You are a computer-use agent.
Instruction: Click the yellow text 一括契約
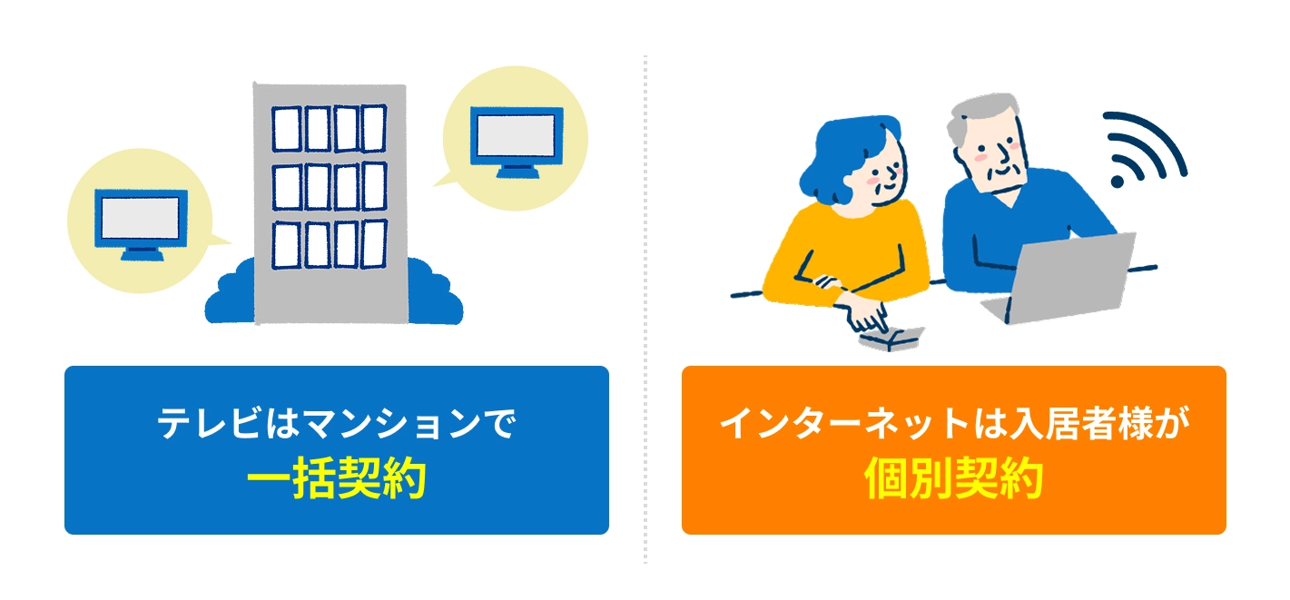337,478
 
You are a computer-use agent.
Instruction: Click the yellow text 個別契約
954,478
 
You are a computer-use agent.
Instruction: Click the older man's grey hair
979,115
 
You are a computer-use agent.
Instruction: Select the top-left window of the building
286,129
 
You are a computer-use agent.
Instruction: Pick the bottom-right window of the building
373,244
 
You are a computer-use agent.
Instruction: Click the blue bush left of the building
231,294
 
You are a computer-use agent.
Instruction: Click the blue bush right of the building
435,294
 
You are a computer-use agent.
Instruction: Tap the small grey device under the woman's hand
890,339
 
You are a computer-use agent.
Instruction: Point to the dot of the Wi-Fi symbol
1118,182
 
